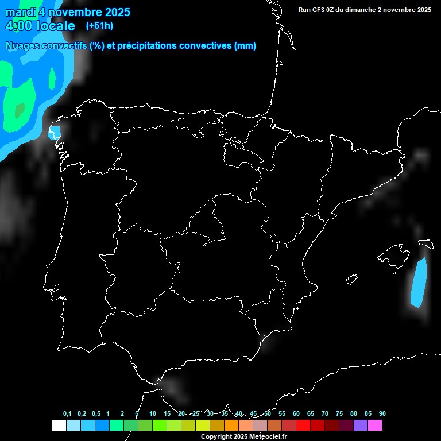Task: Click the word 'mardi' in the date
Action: (x=20, y=12)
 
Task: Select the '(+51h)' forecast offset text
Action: (x=99, y=25)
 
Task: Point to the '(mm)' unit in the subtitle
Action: (x=245, y=46)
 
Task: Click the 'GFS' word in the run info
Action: (x=320, y=10)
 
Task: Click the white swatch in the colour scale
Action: (x=59, y=425)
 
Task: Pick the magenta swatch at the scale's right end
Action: (x=375, y=425)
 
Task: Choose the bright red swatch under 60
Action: (x=303, y=425)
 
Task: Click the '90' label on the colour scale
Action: (x=382, y=413)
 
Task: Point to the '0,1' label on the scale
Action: (x=67, y=413)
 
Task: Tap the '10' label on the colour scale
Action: (x=152, y=413)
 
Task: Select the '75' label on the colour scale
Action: (x=339, y=413)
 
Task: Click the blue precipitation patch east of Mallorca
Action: (x=419, y=281)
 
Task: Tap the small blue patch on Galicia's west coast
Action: (x=55, y=134)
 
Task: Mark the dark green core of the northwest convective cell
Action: (x=20, y=109)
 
